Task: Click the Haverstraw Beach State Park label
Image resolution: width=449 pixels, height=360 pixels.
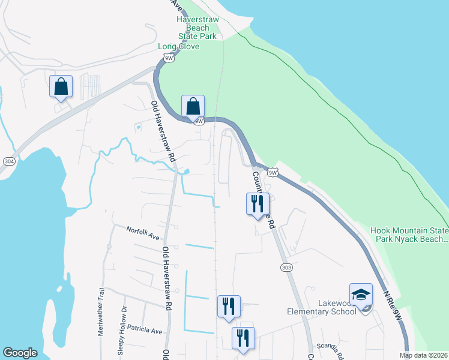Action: [197, 28]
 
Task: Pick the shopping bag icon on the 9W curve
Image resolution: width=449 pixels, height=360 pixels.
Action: [193, 106]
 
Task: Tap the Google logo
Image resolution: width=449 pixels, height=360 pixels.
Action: [20, 353]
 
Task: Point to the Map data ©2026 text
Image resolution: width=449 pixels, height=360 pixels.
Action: [423, 355]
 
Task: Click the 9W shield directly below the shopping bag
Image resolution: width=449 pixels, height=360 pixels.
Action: [199, 121]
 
